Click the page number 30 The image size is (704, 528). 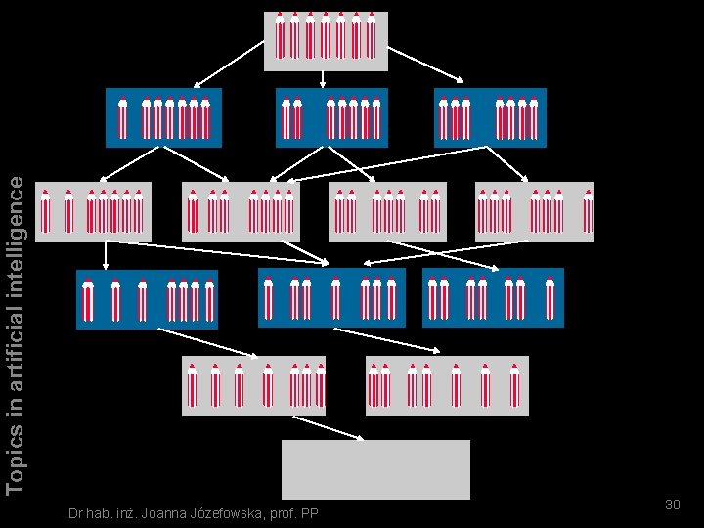672,505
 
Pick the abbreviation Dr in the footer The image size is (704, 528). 66,514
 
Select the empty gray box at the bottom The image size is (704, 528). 375,469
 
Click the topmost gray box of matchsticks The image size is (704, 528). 326,40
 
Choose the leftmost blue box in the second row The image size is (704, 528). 163,117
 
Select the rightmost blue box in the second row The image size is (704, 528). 489,117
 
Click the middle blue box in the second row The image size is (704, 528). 331,117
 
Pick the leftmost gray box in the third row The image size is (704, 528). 93,210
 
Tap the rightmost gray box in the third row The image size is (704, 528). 534,210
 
